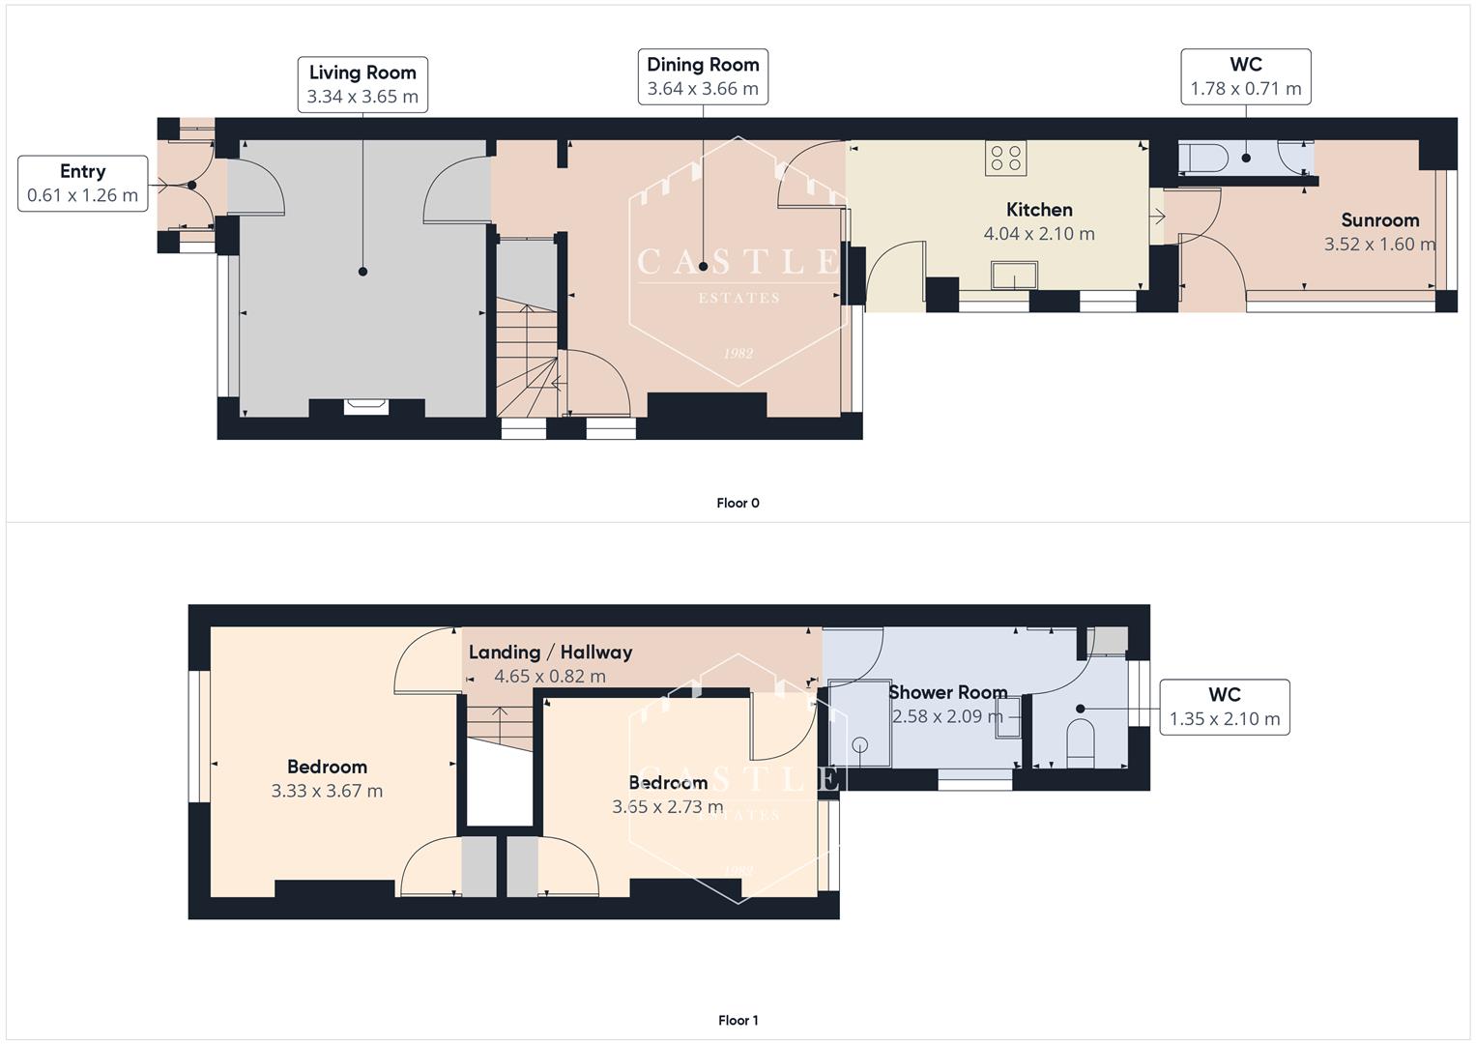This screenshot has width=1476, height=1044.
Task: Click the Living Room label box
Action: pos(362,84)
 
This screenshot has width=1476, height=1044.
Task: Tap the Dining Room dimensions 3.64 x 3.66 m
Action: pos(703,88)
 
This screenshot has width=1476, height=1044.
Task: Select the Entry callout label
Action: pos(82,184)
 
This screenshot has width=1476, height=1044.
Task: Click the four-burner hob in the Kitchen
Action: pos(1005,159)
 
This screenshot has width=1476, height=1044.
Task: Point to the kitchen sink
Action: pos(1014,275)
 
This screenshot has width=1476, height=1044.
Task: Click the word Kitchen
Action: pos(1039,210)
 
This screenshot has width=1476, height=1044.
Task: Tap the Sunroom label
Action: pos(1379,220)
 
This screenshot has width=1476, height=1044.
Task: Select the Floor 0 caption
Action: pos(738,503)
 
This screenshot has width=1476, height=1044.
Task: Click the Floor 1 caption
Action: pos(738,1020)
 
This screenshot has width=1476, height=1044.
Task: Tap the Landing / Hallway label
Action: pos(550,652)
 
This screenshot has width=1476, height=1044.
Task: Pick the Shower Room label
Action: pos(948,692)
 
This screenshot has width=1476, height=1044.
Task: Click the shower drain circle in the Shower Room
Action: pos(860,744)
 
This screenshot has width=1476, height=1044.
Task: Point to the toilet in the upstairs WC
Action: pos(1080,743)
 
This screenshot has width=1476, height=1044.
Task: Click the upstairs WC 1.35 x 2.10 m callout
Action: pos(1225,708)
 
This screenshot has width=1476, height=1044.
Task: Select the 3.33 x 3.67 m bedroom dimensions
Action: pos(327,791)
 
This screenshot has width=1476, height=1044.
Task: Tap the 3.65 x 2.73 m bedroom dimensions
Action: pos(668,807)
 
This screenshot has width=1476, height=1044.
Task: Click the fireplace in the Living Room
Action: pos(366,407)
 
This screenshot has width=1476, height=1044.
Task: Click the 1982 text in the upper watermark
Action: pos(738,353)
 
